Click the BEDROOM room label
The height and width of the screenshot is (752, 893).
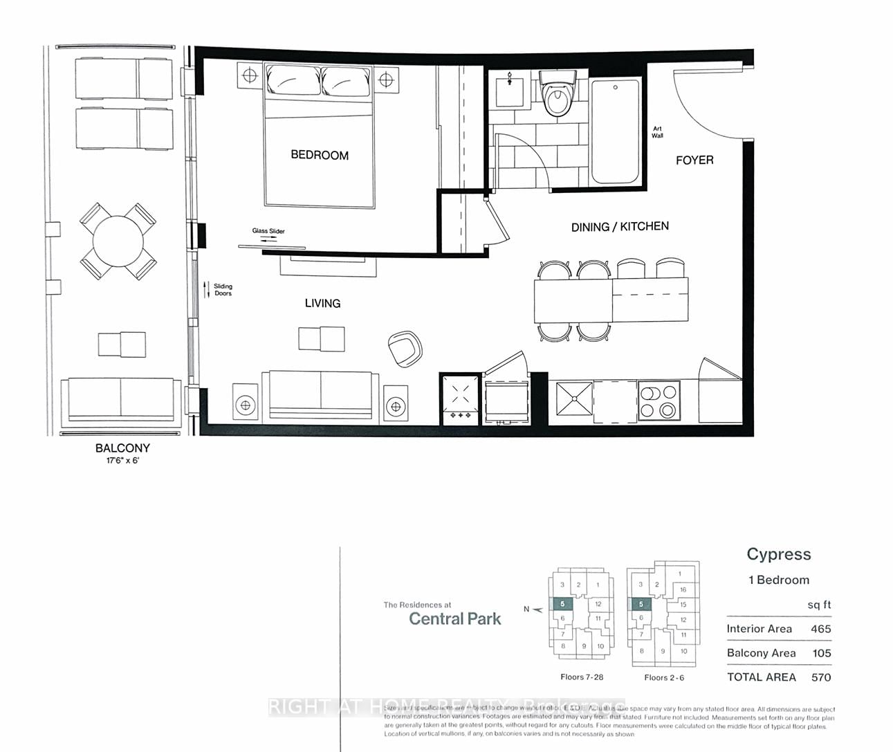point(320,155)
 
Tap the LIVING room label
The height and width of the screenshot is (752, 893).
point(322,303)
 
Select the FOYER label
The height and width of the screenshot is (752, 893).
point(694,160)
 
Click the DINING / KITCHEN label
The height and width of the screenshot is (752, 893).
point(620,226)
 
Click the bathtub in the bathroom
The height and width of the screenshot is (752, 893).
point(615,131)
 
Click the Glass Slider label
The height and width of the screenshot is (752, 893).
point(268,231)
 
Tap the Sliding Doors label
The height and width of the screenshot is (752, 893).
point(223,290)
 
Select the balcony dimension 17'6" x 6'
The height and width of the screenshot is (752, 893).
point(122,460)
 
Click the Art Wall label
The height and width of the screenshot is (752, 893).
point(657,132)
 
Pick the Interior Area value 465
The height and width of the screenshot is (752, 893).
point(820,629)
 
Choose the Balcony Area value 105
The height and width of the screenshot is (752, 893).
point(820,653)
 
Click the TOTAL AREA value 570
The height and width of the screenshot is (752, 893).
point(820,677)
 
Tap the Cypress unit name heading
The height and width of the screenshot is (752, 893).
point(778,554)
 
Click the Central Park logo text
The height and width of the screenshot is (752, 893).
point(454,618)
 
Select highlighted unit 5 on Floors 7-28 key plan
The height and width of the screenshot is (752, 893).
point(563,604)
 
